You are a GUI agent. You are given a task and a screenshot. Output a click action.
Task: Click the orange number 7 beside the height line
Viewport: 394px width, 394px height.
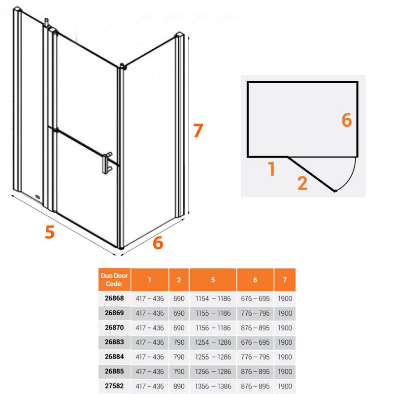point(198,131)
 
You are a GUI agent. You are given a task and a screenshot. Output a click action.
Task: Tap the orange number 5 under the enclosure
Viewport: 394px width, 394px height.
point(50,232)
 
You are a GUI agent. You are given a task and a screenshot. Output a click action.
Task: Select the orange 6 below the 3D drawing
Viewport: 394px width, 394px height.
point(158,243)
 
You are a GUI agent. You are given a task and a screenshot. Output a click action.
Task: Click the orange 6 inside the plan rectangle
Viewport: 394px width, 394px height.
point(347,120)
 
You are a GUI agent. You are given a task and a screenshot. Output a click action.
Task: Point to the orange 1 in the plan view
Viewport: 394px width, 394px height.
point(271,168)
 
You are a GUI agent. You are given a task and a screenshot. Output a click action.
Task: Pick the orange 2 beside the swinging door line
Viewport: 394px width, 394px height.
point(302,183)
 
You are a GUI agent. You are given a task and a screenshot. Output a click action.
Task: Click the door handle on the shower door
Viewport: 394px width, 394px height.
point(107,163)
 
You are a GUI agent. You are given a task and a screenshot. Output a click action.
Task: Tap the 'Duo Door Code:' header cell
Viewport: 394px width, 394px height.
point(114,280)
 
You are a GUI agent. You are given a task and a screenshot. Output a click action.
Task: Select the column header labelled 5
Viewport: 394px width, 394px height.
point(213,280)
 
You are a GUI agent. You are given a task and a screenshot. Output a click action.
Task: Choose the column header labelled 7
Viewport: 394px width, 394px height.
point(285,280)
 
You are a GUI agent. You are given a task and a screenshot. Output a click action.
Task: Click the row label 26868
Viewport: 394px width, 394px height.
point(114,298)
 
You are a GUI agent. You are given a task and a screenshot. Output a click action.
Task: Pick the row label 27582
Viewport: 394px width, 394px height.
point(114,386)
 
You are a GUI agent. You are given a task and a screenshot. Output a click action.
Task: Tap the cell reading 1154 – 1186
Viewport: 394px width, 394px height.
point(213,298)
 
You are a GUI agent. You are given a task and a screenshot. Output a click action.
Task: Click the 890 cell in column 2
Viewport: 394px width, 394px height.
point(179,386)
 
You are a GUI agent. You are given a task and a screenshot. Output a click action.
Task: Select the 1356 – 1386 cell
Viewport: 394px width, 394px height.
point(213,386)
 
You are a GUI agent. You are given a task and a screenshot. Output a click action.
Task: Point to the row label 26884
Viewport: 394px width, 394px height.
point(114,357)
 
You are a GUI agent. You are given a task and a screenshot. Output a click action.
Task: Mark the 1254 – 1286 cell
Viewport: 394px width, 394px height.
point(213,342)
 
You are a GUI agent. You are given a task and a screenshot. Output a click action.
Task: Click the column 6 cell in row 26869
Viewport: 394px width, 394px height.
point(255,313)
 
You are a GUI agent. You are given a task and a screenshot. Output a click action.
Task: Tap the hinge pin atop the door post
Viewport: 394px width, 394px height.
point(46,22)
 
